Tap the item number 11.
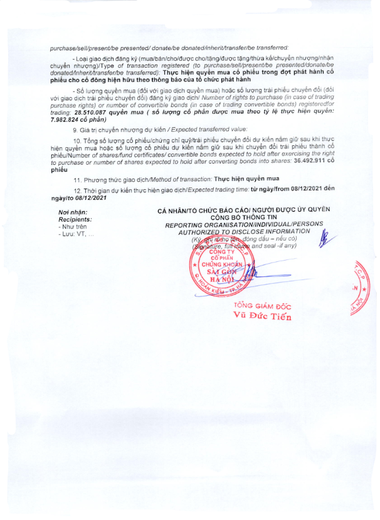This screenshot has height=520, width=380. (x=76, y=179)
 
